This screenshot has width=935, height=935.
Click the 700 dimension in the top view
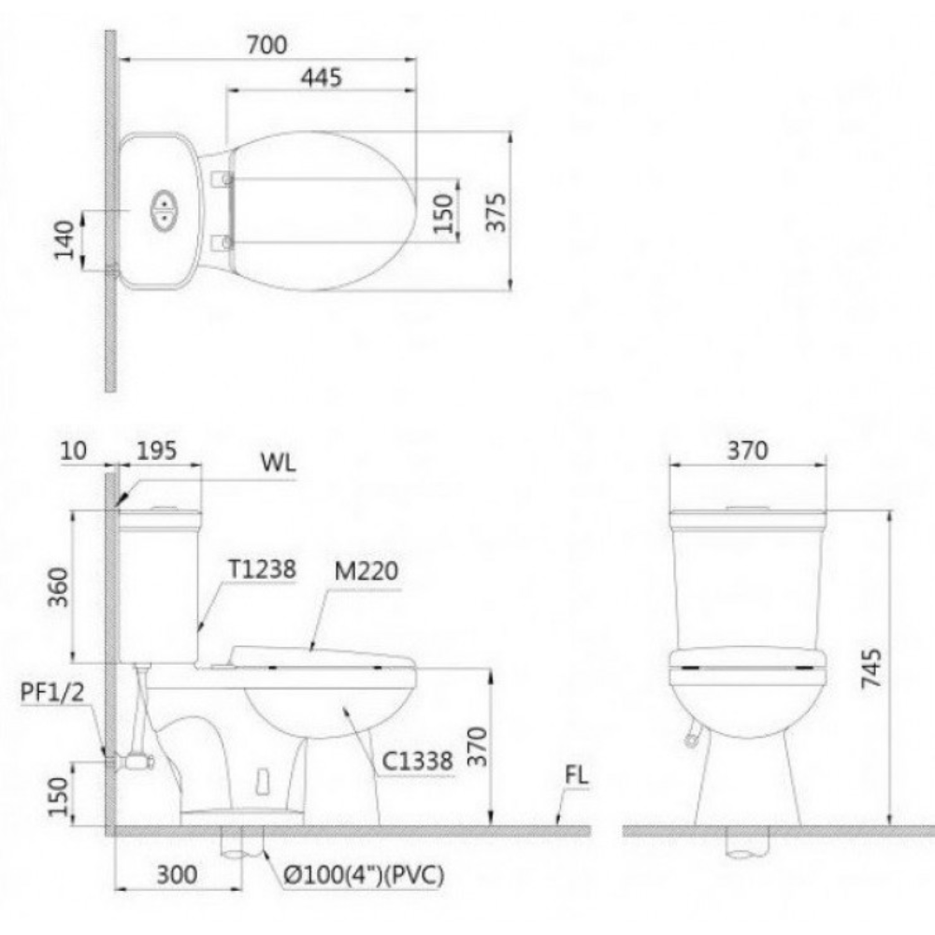coord(266,45)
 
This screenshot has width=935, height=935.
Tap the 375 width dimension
coord(497,212)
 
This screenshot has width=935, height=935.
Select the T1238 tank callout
coord(261,568)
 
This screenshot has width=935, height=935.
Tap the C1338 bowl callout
coord(418,762)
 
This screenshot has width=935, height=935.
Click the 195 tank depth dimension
coord(156,451)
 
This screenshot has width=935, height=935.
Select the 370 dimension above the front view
coord(747,451)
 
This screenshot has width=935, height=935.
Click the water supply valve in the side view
coord(138,761)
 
